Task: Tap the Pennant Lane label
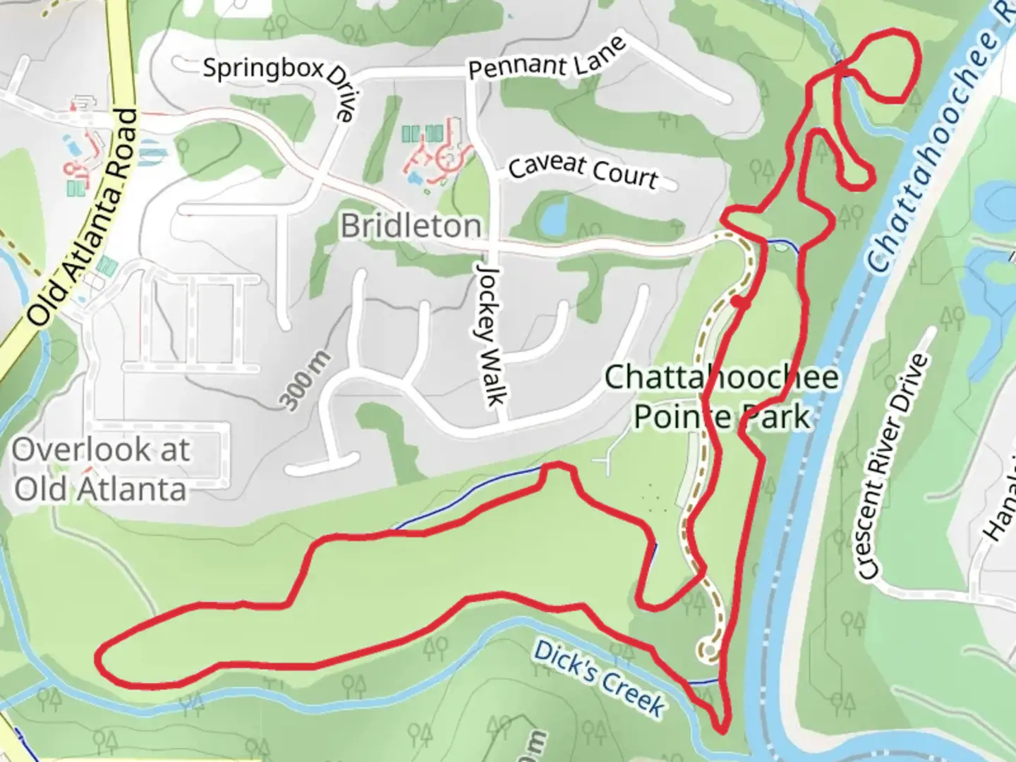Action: (x=547, y=59)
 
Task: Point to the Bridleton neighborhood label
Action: (x=411, y=226)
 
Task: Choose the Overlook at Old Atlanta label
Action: (x=101, y=469)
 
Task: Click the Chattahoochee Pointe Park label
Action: (x=722, y=397)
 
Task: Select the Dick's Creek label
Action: (x=599, y=677)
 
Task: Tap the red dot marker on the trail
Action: (x=738, y=302)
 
